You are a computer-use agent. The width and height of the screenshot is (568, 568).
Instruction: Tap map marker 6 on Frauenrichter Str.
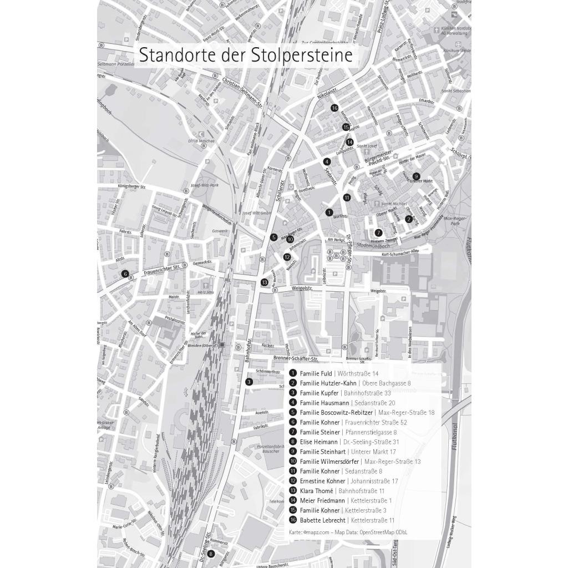[125, 273]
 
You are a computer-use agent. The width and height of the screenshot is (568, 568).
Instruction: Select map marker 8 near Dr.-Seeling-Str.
[211, 553]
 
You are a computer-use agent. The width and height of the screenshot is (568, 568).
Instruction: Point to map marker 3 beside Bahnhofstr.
[249, 382]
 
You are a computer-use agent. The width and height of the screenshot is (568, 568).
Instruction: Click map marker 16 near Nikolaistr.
[334, 108]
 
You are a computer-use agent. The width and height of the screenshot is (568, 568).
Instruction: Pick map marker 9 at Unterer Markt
[416, 176]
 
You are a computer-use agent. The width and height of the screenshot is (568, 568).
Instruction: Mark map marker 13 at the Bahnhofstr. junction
[265, 282]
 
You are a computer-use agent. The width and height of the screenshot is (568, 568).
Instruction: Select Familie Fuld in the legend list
[316, 374]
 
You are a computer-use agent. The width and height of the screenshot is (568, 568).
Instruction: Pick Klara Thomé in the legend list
[316, 491]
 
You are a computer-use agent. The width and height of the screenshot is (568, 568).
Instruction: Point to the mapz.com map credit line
[348, 532]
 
